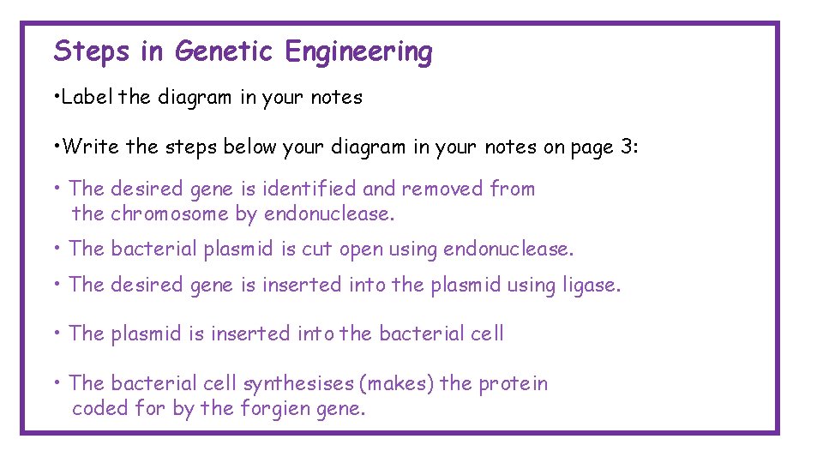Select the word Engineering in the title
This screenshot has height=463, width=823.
[x=359, y=52]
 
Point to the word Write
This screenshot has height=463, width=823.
[x=93, y=147]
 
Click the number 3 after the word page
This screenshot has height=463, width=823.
[x=628, y=147]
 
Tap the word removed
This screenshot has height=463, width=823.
[x=442, y=189]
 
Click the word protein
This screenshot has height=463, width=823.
[x=513, y=383]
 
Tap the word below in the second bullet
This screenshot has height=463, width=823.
[x=251, y=147]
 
